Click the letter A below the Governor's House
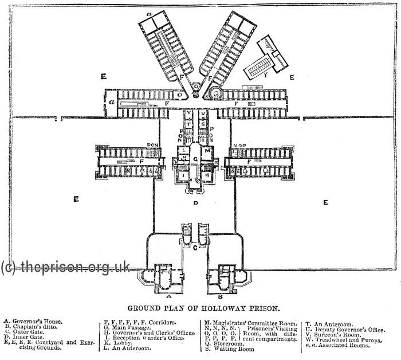168,297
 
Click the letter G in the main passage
196,158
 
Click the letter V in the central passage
188,112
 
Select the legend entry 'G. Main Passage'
128,328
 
